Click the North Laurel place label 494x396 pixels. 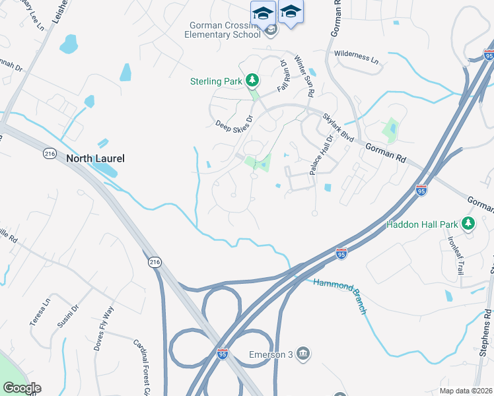click(x=95, y=158)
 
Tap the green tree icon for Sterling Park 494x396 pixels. click(x=251, y=81)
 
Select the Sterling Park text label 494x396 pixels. click(x=216, y=82)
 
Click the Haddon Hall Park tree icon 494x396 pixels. click(x=468, y=224)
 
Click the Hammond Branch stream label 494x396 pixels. click(x=338, y=294)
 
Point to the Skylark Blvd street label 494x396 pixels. click(x=339, y=127)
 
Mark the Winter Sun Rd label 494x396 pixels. click(x=304, y=75)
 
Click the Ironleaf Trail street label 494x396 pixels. click(x=456, y=255)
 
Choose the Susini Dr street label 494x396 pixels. click(x=69, y=317)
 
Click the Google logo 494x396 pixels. click(x=22, y=388)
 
